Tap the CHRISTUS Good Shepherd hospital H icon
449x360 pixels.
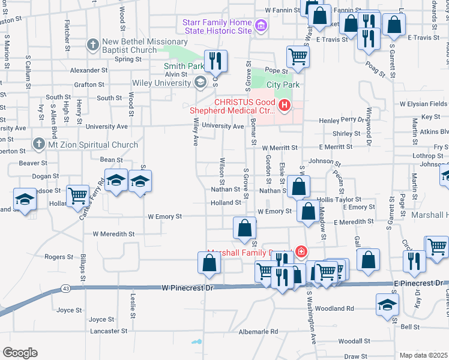pos(284,107)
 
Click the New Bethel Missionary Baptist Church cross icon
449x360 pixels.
pos(92,44)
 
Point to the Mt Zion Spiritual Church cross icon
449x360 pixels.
pos(38,144)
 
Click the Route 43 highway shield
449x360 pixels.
pos(65,289)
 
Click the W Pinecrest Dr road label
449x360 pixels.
pos(188,289)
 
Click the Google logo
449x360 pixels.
pos(20,352)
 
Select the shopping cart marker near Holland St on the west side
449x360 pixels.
pos(77,196)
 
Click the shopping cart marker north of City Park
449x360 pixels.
pos(298,57)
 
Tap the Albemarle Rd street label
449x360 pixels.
pos(259,331)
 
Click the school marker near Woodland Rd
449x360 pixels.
pos(387,304)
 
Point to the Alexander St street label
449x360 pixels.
pos(88,70)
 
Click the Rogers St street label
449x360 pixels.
pos(59,257)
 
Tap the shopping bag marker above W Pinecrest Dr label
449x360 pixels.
pos(209,262)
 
